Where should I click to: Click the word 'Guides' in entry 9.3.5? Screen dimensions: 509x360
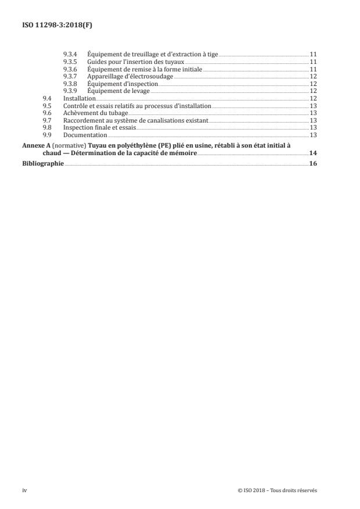pos(96,62)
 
